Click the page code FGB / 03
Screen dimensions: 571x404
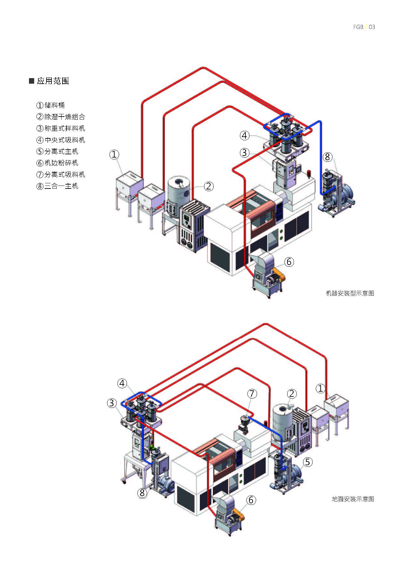pyautogui.click(x=364, y=27)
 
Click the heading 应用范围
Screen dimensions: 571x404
pyautogui.click(x=53, y=81)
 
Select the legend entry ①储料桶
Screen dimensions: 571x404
pyautogui.click(x=50, y=105)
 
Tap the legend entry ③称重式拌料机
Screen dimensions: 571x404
pyautogui.click(x=61, y=128)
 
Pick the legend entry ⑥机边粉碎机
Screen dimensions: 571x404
pyautogui.click(x=57, y=163)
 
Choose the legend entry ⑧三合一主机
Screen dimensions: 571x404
pyautogui.click(x=57, y=186)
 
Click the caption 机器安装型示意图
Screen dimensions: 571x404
pyautogui.click(x=350, y=293)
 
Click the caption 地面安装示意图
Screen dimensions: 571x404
pyautogui.click(x=353, y=499)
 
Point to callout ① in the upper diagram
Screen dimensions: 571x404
pyautogui.click(x=114, y=154)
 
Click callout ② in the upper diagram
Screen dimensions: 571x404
pyautogui.click(x=209, y=186)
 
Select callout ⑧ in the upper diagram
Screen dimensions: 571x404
pyautogui.click(x=327, y=157)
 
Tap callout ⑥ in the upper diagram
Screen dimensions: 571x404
pyautogui.click(x=289, y=262)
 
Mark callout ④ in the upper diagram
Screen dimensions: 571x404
pyautogui.click(x=245, y=135)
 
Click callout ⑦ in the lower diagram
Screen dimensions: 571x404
pyautogui.click(x=252, y=394)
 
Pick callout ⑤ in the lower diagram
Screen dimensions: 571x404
pyautogui.click(x=307, y=462)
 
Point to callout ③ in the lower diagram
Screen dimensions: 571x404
pyautogui.click(x=112, y=403)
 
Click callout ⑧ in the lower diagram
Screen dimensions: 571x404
pyautogui.click(x=142, y=493)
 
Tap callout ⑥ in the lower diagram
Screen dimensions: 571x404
pyautogui.click(x=251, y=500)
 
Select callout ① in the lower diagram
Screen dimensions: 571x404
pyautogui.click(x=321, y=388)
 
